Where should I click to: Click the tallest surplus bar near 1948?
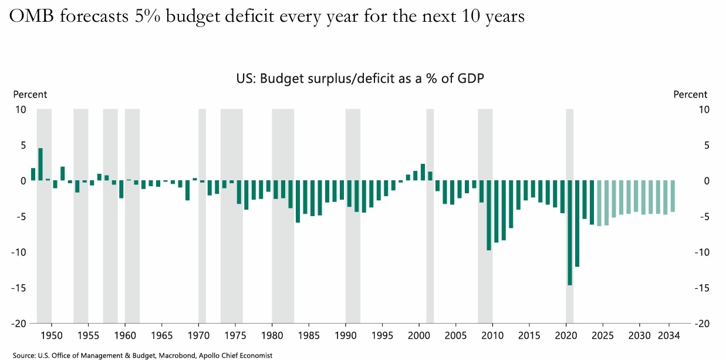pos(40,164)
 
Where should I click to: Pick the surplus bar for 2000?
pos(423,172)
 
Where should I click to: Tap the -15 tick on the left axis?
pos(19,288)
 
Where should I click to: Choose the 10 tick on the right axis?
pos(704,109)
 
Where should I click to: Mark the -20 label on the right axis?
pos(702,324)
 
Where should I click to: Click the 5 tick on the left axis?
pos(23,145)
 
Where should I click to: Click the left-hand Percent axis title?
pos(30,95)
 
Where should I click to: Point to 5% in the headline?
pos(149,17)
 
